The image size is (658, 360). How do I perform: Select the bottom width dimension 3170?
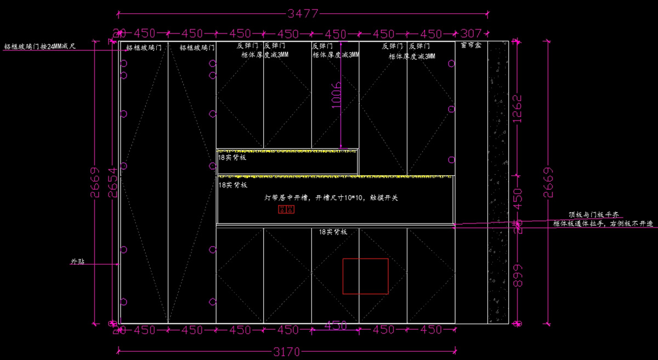click(286, 352)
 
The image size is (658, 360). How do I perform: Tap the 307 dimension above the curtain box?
click(471, 34)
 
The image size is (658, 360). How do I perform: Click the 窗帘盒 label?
click(471, 46)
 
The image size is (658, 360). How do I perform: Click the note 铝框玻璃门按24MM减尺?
click(40, 47)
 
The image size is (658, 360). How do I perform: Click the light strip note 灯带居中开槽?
click(331, 197)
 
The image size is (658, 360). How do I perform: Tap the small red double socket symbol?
click(287, 209)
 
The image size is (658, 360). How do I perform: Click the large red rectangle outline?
click(365, 276)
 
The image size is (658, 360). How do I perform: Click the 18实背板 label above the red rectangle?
click(333, 232)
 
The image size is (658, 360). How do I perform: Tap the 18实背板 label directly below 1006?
click(232, 158)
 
